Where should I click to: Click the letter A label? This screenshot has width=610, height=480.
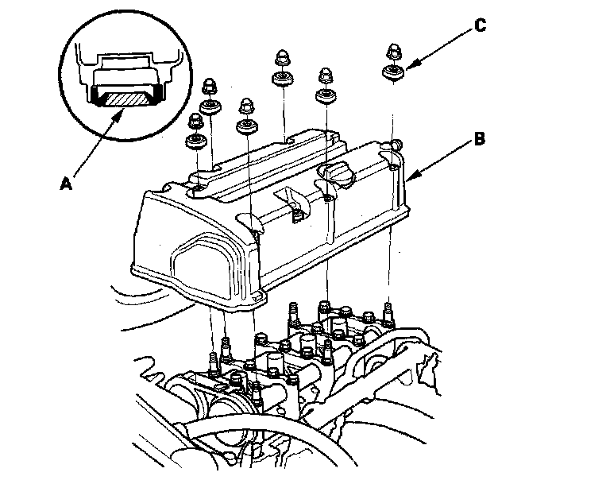tap(66, 184)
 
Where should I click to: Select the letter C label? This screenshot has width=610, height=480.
tap(479, 26)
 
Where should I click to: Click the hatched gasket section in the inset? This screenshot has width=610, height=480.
tap(125, 98)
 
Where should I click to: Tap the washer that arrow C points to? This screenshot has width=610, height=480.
tap(391, 74)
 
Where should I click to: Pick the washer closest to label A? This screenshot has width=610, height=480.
tap(195, 142)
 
